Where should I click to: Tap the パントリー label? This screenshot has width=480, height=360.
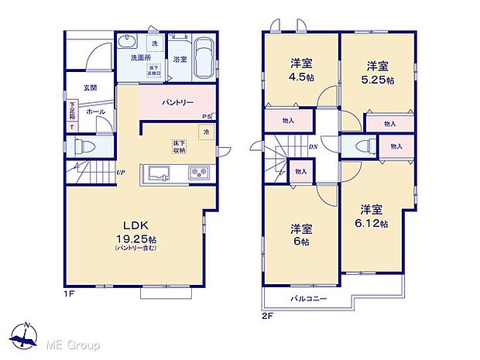(177, 102)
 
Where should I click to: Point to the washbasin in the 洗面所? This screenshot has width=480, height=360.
(129, 43)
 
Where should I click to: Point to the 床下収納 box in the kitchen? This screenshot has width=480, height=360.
(179, 147)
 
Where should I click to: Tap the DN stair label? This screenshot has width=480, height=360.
(313, 147)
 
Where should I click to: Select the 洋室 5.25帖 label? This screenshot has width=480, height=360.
(378, 73)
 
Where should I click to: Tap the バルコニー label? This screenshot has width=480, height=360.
(309, 298)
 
